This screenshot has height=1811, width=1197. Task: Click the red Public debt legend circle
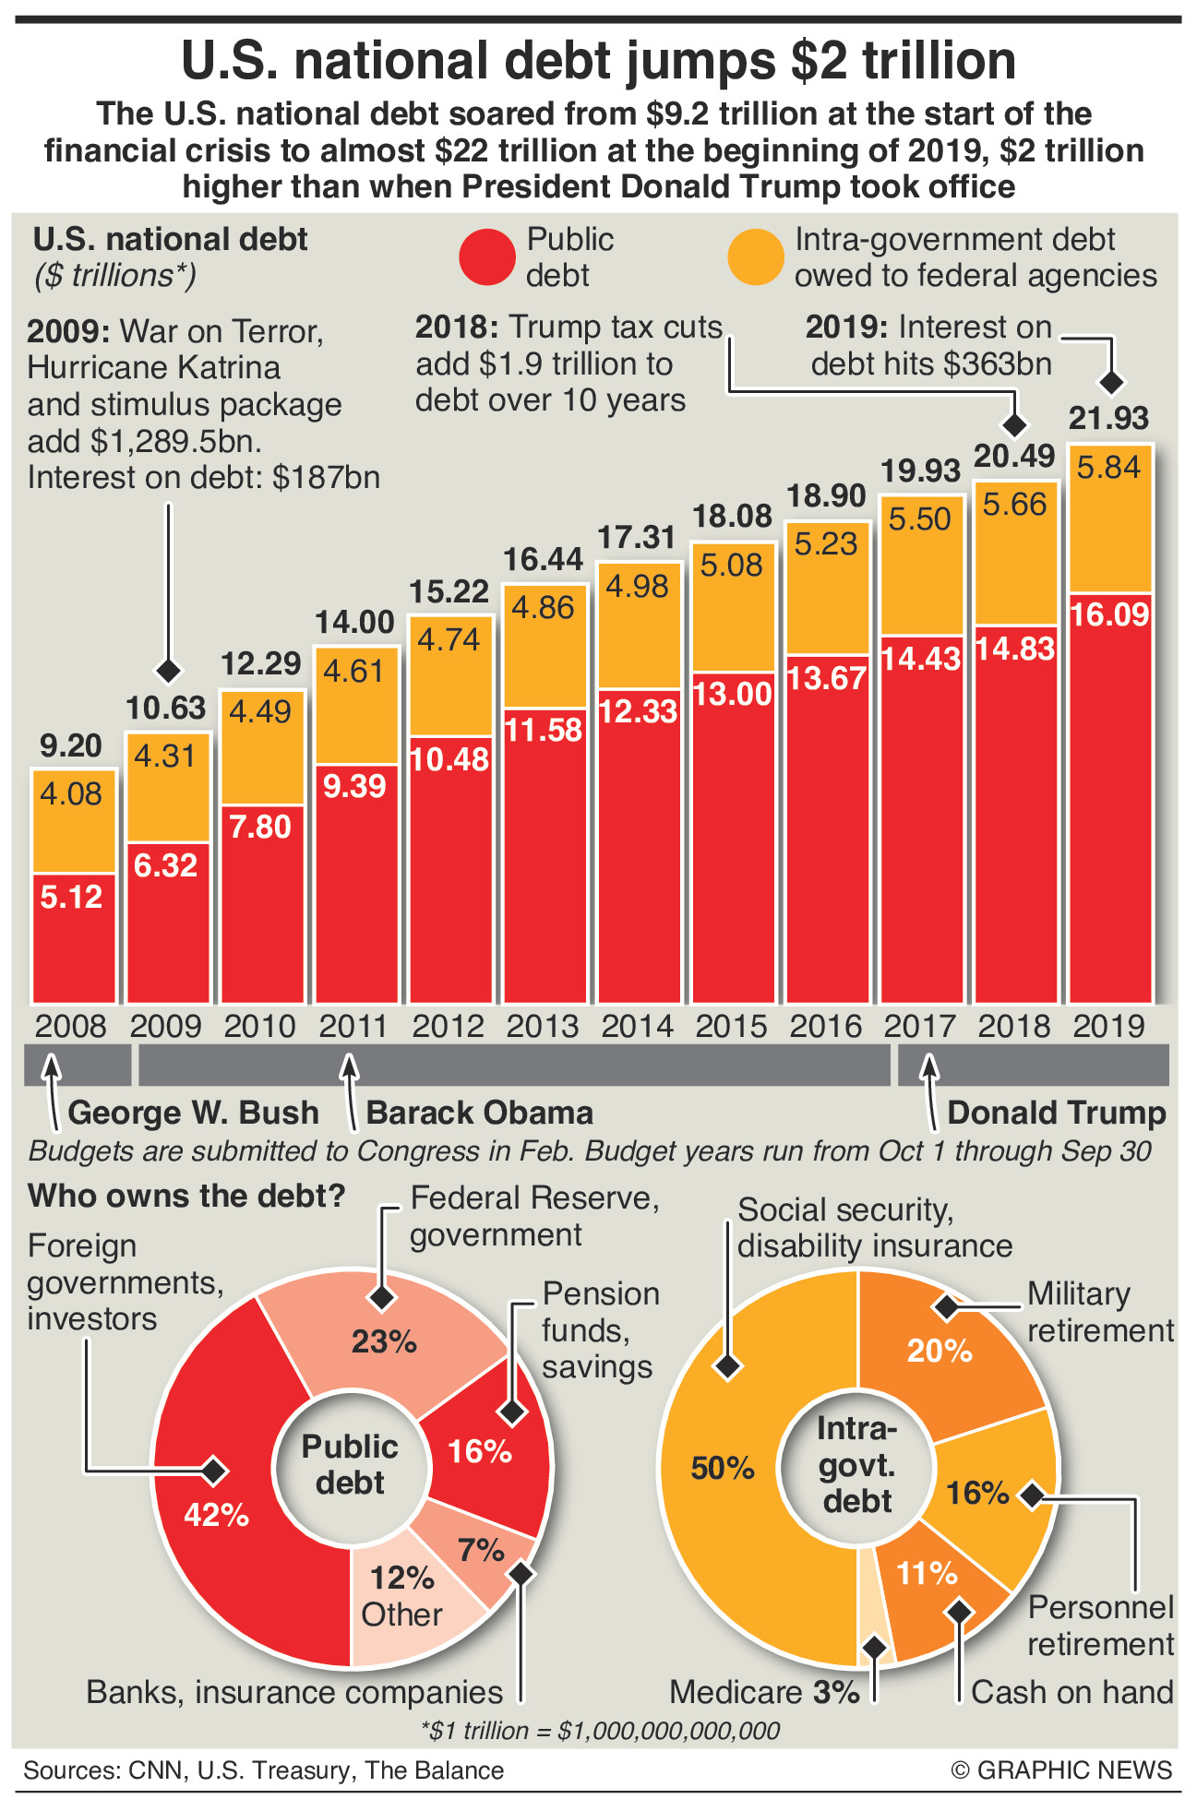486,256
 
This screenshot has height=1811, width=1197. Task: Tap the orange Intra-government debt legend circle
755,256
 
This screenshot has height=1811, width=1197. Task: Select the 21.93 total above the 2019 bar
1108,418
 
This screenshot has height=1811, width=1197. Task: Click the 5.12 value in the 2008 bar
72,897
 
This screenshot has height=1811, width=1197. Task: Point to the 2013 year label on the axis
543,1026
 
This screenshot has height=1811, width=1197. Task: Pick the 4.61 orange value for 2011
354,671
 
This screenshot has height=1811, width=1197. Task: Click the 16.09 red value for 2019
1110,614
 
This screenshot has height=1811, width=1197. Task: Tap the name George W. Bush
193,1113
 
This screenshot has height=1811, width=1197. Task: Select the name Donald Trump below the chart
1057,1113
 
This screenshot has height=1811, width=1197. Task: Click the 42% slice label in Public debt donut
217,1514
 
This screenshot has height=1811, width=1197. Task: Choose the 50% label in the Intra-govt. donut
723,1468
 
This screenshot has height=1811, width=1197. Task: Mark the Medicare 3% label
764,1692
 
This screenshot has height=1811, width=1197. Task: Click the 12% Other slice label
401,1596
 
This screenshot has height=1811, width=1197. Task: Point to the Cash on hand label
1071,1692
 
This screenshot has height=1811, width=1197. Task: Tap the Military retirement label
1100,1312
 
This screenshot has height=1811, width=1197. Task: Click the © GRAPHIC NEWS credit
1061,1770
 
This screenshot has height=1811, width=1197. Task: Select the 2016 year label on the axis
826,1026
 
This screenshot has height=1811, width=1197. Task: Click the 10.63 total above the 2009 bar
166,708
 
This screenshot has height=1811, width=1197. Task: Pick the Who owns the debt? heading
186,1196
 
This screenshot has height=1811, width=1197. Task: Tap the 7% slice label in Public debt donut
481,1550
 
